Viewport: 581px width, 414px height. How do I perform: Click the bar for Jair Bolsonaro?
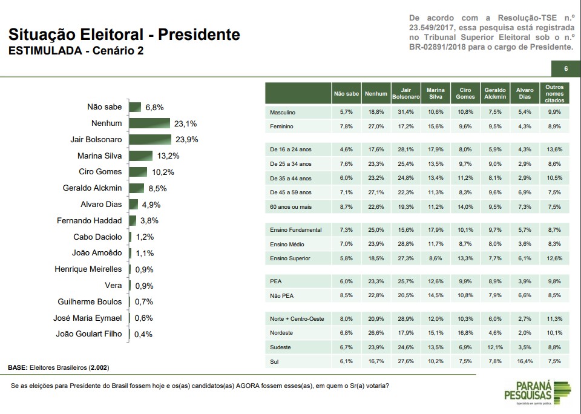point(149,139)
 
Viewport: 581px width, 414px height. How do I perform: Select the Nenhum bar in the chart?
point(149,123)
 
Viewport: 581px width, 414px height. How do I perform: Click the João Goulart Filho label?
point(88,333)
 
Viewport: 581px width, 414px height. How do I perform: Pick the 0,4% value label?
point(143,334)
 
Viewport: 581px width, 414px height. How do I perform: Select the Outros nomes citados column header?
point(554,93)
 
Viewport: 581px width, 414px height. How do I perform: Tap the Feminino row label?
point(282,126)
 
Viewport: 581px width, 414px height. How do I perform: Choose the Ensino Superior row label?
point(291,258)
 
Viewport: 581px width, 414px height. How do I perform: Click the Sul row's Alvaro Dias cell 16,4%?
point(525,362)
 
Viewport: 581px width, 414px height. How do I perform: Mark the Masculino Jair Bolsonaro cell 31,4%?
point(406,113)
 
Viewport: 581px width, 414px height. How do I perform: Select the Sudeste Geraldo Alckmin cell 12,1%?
point(495,347)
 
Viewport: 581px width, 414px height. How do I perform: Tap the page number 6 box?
point(565,68)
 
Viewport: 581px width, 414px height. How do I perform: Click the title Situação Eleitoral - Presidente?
point(123,34)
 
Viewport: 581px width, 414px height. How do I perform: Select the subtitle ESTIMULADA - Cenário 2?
point(76,51)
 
